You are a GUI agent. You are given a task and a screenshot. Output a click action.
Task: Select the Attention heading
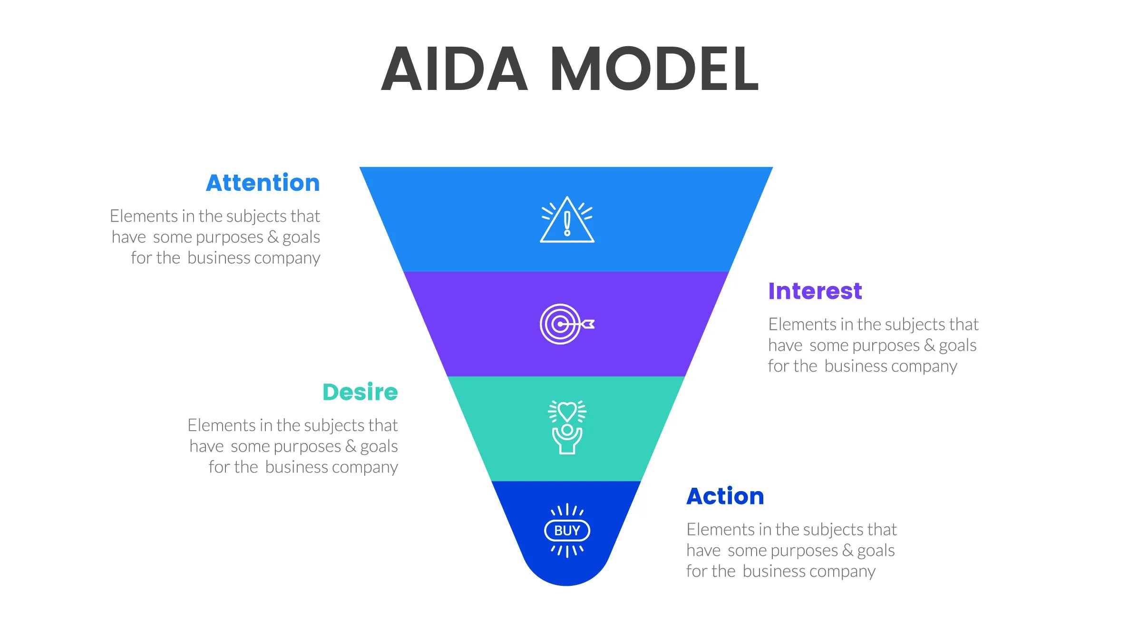[263, 183]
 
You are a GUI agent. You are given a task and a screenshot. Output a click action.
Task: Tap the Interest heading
[815, 291]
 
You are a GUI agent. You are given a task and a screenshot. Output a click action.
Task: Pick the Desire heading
[360, 393]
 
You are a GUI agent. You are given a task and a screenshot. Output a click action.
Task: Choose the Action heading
[725, 496]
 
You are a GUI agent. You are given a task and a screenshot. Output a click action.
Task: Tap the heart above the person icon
[567, 410]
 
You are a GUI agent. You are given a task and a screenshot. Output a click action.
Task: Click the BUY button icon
[567, 531]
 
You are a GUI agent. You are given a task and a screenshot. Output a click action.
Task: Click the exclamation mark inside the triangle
[567, 224]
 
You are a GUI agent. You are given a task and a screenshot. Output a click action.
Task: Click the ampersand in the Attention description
[273, 237]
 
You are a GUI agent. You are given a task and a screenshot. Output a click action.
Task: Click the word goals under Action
[876, 551]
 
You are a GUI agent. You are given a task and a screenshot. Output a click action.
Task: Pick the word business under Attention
[218, 258]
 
